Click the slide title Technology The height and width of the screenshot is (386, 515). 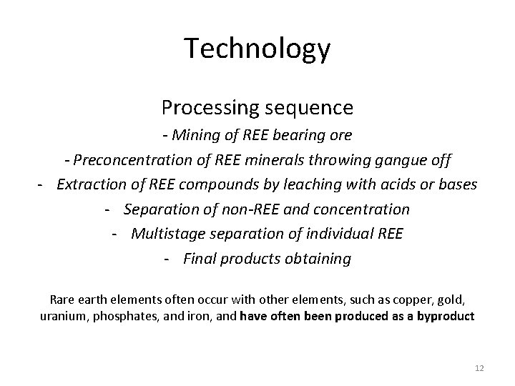[257, 49]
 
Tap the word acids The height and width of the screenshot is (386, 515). [386, 184]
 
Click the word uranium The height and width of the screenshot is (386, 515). [63, 315]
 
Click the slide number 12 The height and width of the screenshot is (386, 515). [479, 367]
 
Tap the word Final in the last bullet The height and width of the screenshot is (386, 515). [200, 259]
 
